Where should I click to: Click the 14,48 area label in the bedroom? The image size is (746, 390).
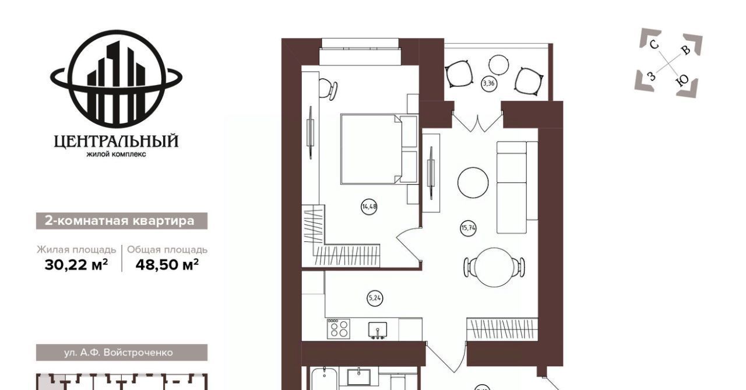click(370, 206)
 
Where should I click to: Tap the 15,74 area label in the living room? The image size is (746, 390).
click(468, 228)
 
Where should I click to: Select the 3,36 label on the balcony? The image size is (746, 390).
click(488, 83)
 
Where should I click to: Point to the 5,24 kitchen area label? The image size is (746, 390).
click(375, 298)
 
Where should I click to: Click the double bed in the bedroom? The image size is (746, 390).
click(379, 149)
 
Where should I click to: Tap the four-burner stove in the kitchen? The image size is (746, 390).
click(339, 328)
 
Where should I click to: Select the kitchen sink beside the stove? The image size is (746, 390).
click(378, 331)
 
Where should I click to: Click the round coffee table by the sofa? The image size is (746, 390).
click(473, 182)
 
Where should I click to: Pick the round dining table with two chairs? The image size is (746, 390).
click(494, 267)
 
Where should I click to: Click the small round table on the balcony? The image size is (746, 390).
click(498, 65)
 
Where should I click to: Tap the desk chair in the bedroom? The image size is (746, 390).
click(328, 89)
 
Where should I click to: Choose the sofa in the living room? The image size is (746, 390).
click(517, 187)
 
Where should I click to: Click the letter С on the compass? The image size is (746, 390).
click(654, 44)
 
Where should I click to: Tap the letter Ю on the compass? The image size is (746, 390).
click(682, 80)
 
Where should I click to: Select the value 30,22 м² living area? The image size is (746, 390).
click(76, 265)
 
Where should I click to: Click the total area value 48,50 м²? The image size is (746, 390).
click(167, 265)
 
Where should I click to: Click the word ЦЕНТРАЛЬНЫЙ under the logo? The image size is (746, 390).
click(116, 141)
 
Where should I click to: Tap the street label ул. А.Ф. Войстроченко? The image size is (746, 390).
click(118, 352)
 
